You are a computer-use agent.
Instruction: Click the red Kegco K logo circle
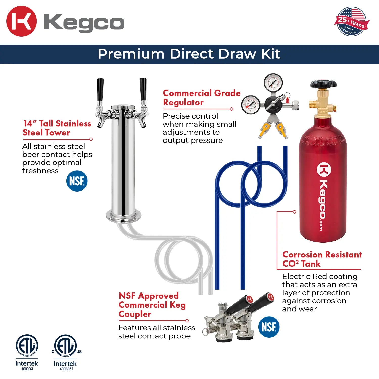(21, 21)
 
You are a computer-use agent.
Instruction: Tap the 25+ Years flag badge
(351, 21)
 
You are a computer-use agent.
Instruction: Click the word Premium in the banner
(131, 54)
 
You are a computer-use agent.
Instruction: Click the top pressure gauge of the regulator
(273, 82)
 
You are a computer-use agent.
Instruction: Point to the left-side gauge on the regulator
(251, 105)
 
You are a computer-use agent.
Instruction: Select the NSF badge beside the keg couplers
(269, 327)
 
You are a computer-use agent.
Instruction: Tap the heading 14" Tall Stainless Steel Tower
(57, 128)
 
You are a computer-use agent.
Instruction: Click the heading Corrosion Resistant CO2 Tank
(322, 259)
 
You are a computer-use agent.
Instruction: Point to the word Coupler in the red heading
(135, 314)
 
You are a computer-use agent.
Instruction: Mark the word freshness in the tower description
(40, 171)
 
